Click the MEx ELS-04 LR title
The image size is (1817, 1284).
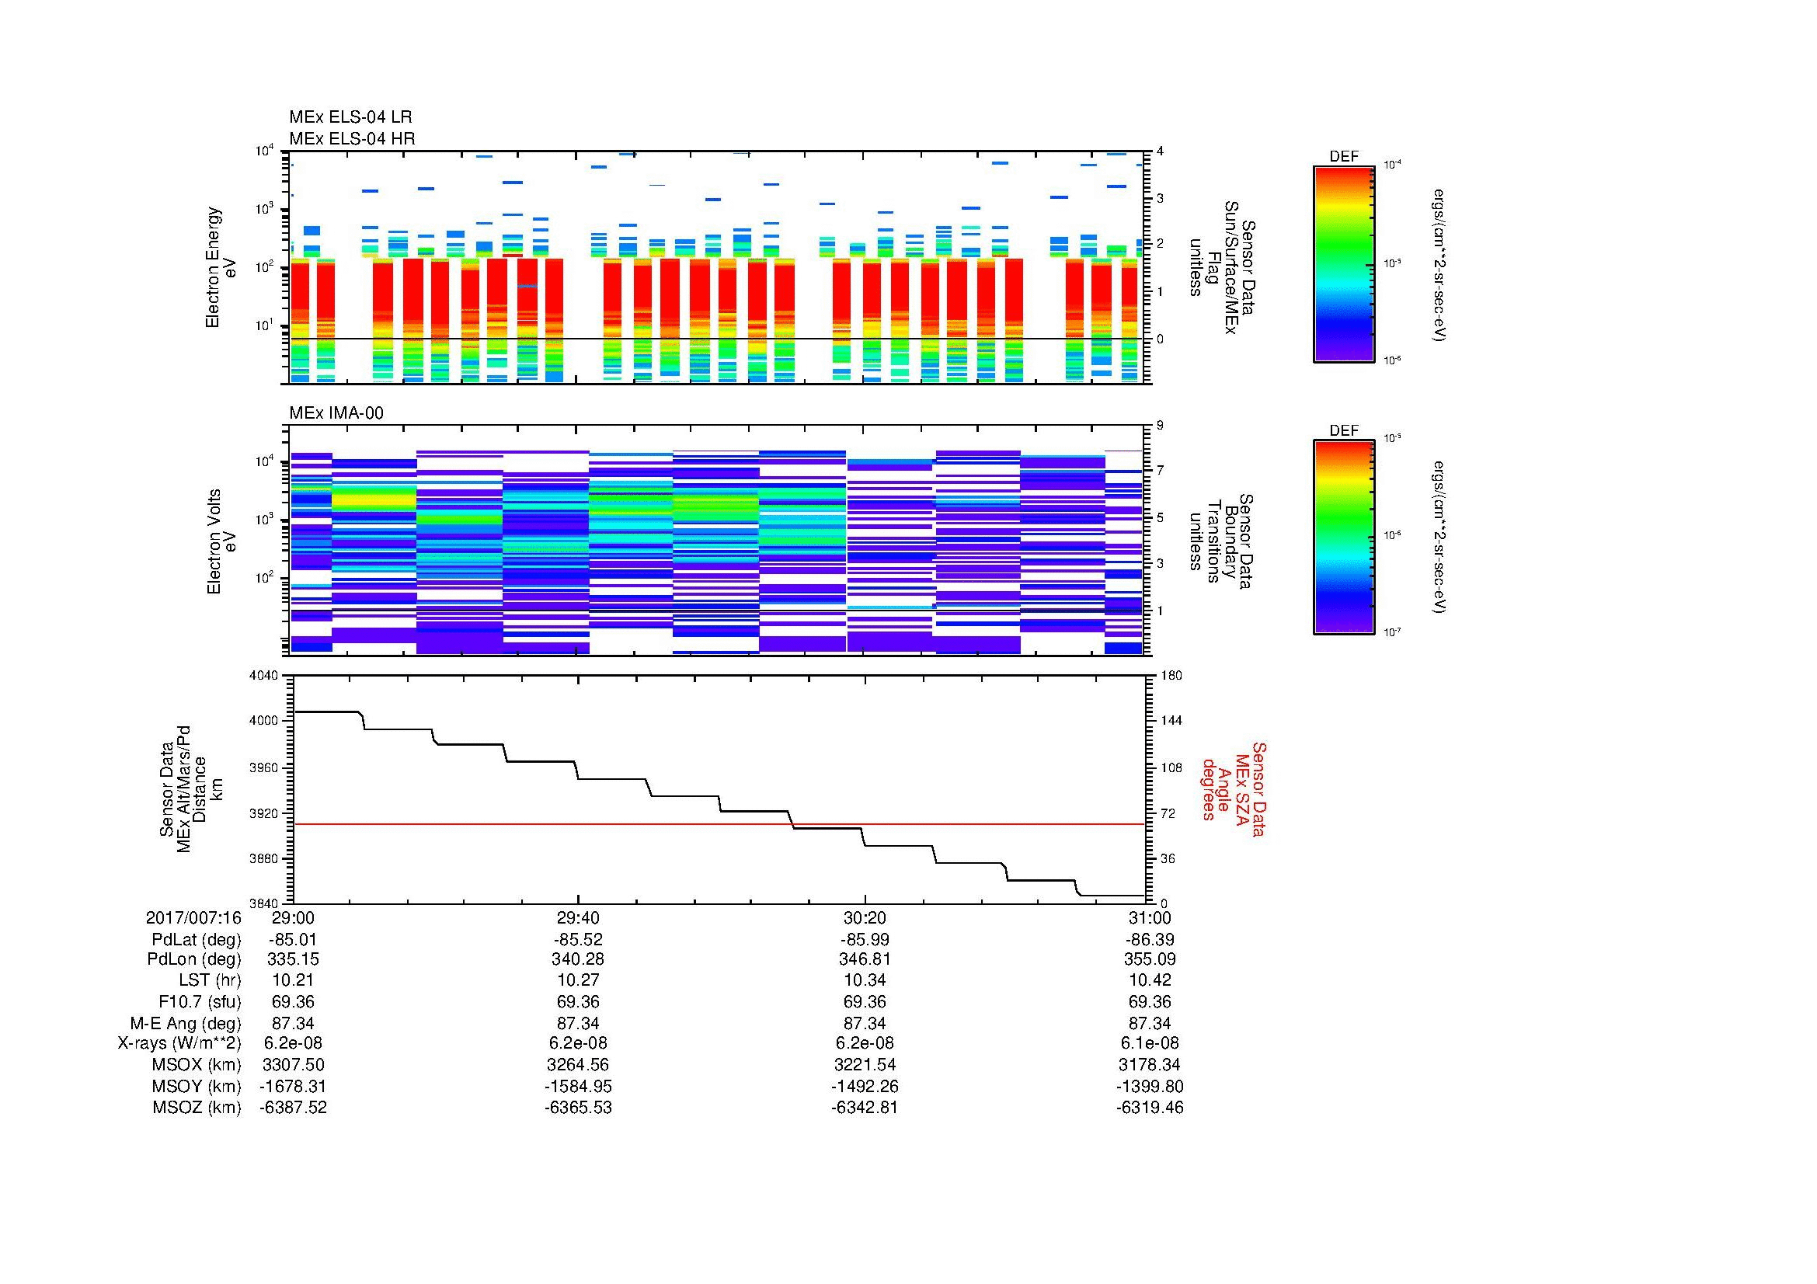350,117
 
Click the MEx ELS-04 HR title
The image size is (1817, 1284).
352,138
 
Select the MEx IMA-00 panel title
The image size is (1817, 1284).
336,413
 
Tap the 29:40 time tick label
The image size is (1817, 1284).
579,917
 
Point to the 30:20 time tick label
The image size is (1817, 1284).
865,917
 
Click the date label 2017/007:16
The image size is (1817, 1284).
193,917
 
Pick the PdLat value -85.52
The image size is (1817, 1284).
579,940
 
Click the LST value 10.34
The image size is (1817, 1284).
865,980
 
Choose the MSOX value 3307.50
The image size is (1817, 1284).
293,1065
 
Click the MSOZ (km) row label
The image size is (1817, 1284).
197,1108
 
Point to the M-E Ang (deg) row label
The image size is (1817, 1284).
185,1023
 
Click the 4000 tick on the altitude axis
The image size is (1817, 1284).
266,721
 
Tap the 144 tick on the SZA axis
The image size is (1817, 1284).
1171,721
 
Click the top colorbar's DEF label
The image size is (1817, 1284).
1343,157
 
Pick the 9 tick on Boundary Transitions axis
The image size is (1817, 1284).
1160,425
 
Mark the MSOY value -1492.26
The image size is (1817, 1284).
865,1086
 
